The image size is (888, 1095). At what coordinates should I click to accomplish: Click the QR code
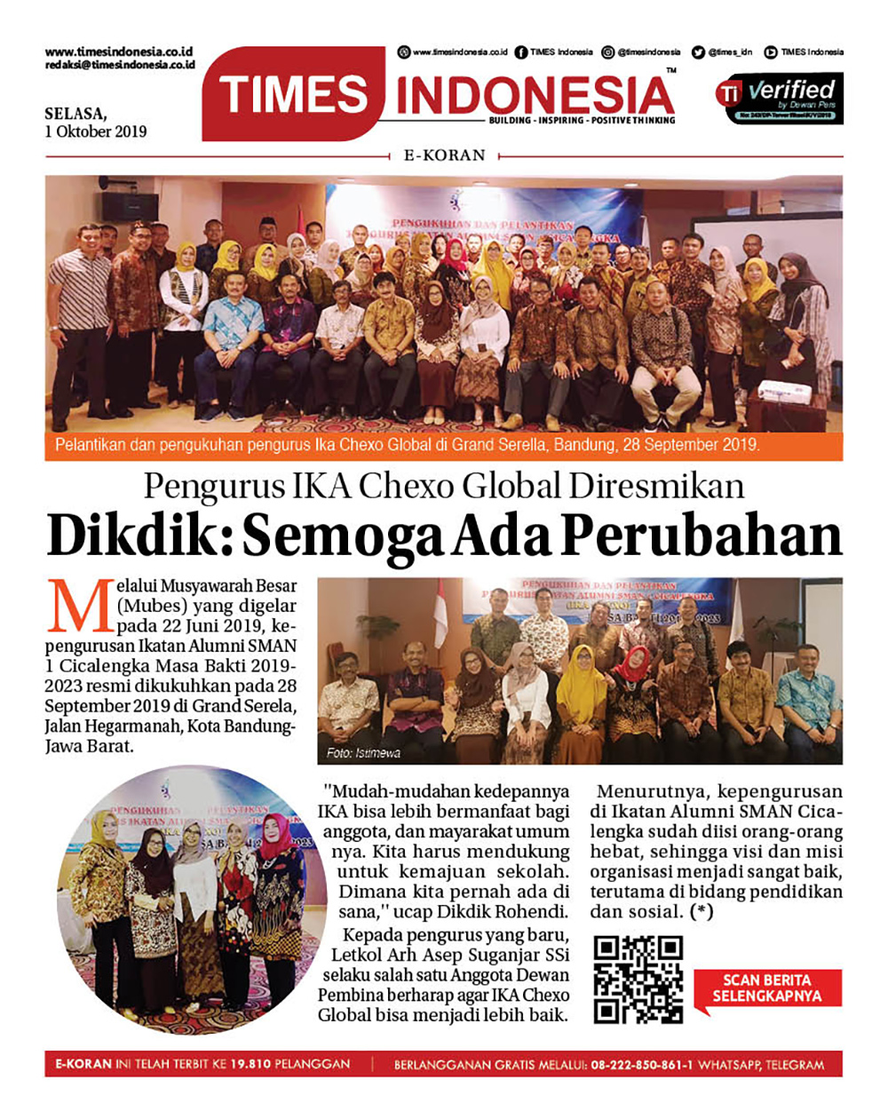(x=638, y=980)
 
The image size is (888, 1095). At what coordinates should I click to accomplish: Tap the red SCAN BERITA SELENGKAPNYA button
(x=767, y=988)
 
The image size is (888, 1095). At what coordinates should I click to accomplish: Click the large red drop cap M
(x=80, y=606)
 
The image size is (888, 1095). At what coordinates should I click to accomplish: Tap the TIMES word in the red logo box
(x=294, y=95)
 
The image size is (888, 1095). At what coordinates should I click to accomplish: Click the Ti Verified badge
(x=779, y=99)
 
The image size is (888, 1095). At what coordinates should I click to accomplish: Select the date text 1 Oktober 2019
(x=96, y=131)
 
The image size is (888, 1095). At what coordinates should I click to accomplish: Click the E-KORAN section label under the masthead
(x=444, y=155)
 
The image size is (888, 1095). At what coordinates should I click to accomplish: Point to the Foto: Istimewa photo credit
(x=363, y=753)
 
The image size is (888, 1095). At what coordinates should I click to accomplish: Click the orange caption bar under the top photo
(x=443, y=445)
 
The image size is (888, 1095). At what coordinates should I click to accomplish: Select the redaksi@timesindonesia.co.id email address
(x=120, y=65)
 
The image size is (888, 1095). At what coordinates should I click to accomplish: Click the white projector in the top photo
(x=785, y=390)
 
